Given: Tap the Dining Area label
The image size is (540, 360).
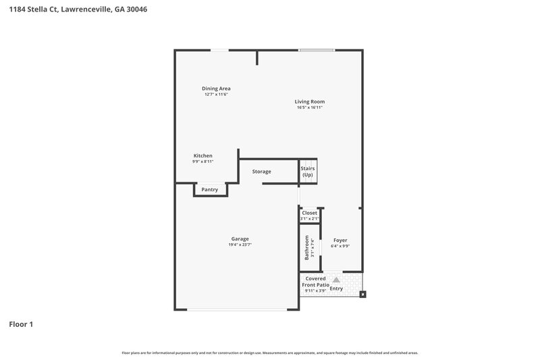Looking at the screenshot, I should click(x=216, y=88).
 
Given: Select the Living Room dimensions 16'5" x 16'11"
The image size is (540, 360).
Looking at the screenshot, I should click(x=309, y=108).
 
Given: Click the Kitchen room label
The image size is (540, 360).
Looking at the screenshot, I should click(x=203, y=155).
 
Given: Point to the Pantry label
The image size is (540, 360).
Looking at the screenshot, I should click(x=210, y=190).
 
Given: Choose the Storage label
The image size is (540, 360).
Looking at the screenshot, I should click(x=261, y=172).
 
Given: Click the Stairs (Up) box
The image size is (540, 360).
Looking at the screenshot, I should click(x=308, y=172).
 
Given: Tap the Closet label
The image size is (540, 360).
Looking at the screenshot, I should click(x=309, y=213).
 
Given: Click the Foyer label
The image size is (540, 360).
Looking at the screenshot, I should click(x=340, y=240).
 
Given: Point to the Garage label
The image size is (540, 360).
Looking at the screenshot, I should click(x=240, y=238).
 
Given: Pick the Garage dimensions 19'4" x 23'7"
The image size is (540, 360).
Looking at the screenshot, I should click(x=240, y=245).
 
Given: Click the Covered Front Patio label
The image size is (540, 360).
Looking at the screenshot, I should click(x=315, y=282).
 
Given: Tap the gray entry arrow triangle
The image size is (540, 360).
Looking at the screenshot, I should click(x=336, y=280).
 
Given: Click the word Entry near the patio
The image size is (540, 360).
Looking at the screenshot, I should click(x=336, y=289).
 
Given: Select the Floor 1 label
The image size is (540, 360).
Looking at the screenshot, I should click(x=21, y=324).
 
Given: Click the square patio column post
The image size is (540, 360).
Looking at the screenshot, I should click(x=362, y=294).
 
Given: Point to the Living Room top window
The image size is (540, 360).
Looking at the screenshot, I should click(x=317, y=50).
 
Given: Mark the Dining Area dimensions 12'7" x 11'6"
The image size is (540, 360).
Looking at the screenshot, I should click(x=216, y=95).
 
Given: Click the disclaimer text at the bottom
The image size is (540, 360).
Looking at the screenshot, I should click(x=270, y=353).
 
